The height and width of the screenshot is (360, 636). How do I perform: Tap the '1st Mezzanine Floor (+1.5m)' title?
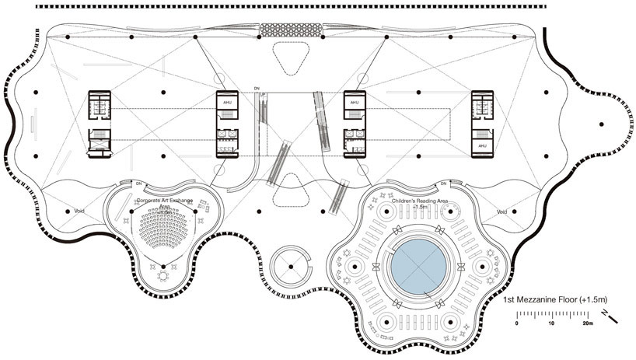coord(554,299)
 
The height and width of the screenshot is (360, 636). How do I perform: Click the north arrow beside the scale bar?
coord(614,317)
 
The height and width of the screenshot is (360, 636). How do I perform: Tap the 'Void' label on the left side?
coord(79,211)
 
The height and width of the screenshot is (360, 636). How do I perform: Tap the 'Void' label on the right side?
coord(501,211)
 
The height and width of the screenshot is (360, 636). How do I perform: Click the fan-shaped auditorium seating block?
coord(163,230)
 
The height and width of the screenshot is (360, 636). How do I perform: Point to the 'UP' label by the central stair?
coord(262,95)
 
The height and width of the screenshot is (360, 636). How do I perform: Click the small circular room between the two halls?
coord(290,267)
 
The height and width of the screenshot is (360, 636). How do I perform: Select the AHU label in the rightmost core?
coord(482,146)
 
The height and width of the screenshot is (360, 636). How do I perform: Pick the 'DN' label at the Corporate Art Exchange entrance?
coord(138,183)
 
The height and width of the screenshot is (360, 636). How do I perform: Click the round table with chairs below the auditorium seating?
coord(164,276)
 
